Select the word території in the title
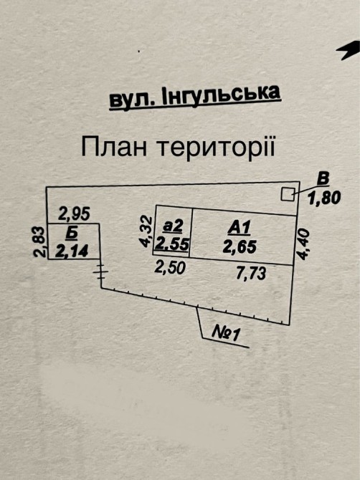click(x=216, y=147)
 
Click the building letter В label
click(x=323, y=179)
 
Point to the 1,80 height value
click(x=324, y=198)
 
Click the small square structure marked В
click(x=288, y=194)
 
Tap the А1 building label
click(x=240, y=228)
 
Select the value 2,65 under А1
click(x=240, y=246)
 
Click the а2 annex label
click(x=174, y=226)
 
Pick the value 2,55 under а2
click(x=172, y=244)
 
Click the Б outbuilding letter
click(x=72, y=234)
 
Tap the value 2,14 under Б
click(x=72, y=251)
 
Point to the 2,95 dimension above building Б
click(x=74, y=213)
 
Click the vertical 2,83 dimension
click(x=39, y=242)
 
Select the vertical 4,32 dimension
click(x=146, y=231)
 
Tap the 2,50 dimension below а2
click(x=170, y=267)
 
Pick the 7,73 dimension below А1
click(x=251, y=273)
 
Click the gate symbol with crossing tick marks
click(x=101, y=272)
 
